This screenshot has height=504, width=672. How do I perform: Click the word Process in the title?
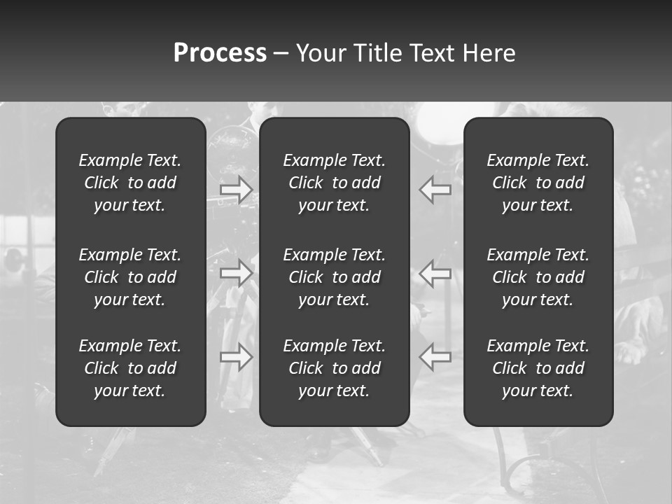pos(220,53)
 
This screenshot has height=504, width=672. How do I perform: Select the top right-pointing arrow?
pos(237,190)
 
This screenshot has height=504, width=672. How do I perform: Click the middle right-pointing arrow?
pos(237,272)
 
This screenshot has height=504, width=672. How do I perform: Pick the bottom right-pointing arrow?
pos(237,357)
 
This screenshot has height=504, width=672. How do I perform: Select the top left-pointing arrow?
pos(435,190)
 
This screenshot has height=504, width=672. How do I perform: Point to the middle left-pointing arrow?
pos(435,272)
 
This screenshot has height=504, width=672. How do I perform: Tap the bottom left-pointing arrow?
pos(435,357)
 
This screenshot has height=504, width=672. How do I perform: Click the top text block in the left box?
pos(130,183)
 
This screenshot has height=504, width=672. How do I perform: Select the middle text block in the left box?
pos(130,277)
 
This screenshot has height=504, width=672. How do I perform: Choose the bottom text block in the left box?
pos(130,368)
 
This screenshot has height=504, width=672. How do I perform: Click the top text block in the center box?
pos(335,183)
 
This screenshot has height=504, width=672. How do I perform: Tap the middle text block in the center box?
pos(335,277)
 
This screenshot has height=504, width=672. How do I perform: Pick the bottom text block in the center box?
pos(335,368)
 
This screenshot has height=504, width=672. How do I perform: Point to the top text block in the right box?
pos(538,183)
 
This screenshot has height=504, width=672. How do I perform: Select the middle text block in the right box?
pos(538,277)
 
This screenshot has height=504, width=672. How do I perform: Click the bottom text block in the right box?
pos(538,368)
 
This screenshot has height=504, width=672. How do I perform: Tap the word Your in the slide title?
pos(318,53)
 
